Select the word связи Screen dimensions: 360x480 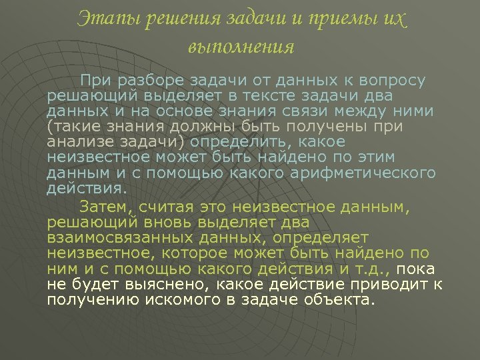pyautogui.click(x=313, y=111)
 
